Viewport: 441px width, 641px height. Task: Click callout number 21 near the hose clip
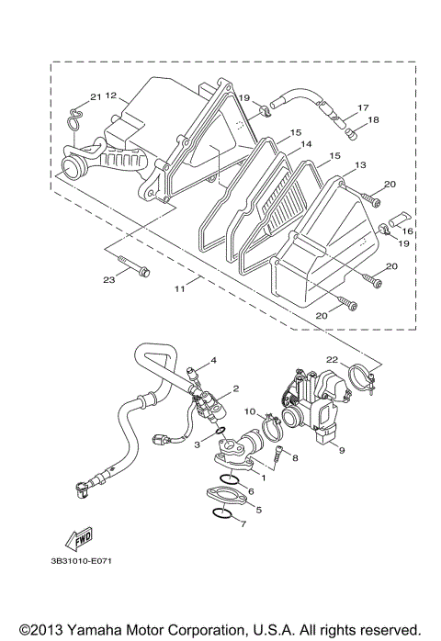point(95,96)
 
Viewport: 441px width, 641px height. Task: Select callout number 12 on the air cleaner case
point(110,95)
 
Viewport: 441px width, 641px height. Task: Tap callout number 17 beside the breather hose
point(362,107)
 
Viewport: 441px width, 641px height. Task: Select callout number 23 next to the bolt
point(107,279)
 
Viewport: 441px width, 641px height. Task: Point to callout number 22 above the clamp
point(332,358)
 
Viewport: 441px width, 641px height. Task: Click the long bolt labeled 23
point(140,272)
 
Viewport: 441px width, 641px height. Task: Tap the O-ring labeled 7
point(222,510)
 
